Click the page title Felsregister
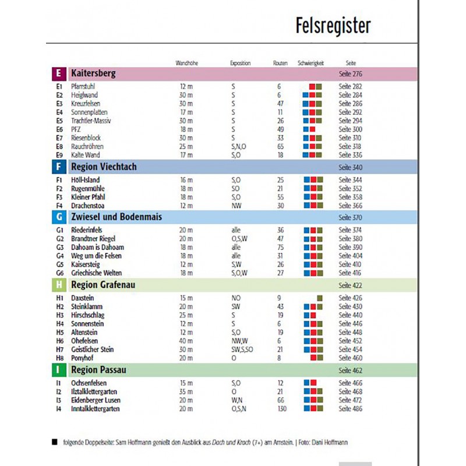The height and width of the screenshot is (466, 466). pos(333,26)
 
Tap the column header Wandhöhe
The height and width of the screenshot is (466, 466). pos(186,63)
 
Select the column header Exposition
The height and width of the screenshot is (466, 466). pos(240,63)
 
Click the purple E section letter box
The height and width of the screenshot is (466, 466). pos(58,74)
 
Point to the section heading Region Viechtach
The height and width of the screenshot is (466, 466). pos(104,167)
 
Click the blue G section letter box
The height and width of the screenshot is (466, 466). pos(58,217)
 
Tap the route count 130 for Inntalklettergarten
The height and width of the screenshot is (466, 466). pos(282,409)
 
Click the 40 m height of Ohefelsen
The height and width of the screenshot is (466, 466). pos(186,341)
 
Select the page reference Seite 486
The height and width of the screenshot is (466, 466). pos(350,409)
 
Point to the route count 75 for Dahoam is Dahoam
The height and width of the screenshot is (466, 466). pos(280,247)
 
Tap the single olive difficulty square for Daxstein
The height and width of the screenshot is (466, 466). pos(320,298)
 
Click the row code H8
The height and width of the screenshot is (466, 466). pos(59,358)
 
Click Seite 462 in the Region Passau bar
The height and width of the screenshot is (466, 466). pos(350,370)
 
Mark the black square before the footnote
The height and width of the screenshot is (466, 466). pos(55,442)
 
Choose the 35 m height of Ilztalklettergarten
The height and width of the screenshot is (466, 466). pos(186,391)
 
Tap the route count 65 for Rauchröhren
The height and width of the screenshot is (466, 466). pos(280,146)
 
